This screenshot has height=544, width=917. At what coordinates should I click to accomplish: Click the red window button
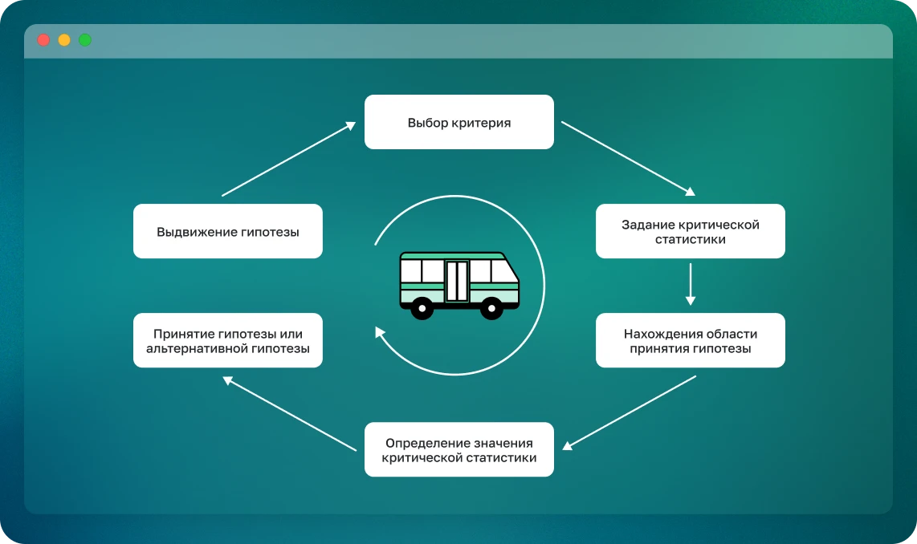point(43,40)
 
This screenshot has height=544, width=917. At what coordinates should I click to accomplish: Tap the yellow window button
point(64,40)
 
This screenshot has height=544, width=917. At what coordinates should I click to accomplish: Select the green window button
point(85,40)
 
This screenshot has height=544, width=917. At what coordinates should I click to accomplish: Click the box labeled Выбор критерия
point(458,122)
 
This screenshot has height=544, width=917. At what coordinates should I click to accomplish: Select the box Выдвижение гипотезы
point(227,231)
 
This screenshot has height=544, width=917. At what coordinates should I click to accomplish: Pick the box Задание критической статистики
point(690,231)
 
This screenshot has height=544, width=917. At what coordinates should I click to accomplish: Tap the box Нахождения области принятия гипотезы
point(690,340)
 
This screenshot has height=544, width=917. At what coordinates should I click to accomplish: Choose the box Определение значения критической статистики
point(458,449)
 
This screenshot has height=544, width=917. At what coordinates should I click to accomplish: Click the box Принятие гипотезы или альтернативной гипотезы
point(227,340)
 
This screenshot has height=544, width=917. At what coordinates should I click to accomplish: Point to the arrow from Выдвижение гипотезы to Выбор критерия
point(287,159)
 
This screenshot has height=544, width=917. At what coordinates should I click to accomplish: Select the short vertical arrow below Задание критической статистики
point(690,285)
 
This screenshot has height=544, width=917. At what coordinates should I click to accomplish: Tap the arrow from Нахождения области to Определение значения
point(630,412)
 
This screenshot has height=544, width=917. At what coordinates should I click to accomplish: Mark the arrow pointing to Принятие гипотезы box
point(289,413)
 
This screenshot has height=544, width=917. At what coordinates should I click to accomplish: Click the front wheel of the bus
point(491,307)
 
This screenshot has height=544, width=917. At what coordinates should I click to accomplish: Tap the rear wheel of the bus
point(422,307)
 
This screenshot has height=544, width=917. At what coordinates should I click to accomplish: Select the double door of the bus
point(457,280)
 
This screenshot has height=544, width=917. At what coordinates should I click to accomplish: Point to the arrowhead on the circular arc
point(380,331)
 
